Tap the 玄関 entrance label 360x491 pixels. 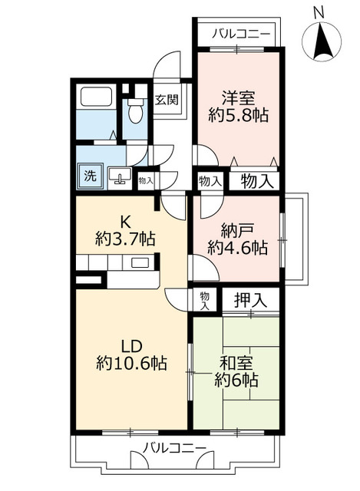tap(167, 99)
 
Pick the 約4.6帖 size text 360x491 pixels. tap(236, 248)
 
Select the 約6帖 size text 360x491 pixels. tap(236, 380)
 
